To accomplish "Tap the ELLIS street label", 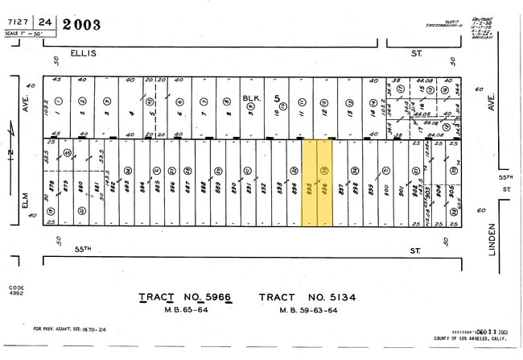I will click(x=83, y=52).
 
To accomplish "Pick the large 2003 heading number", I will click(x=79, y=24).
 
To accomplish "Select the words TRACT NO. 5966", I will click(x=185, y=298).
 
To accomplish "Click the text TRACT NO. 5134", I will click(x=308, y=298).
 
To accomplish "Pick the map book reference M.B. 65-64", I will click(x=185, y=310).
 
